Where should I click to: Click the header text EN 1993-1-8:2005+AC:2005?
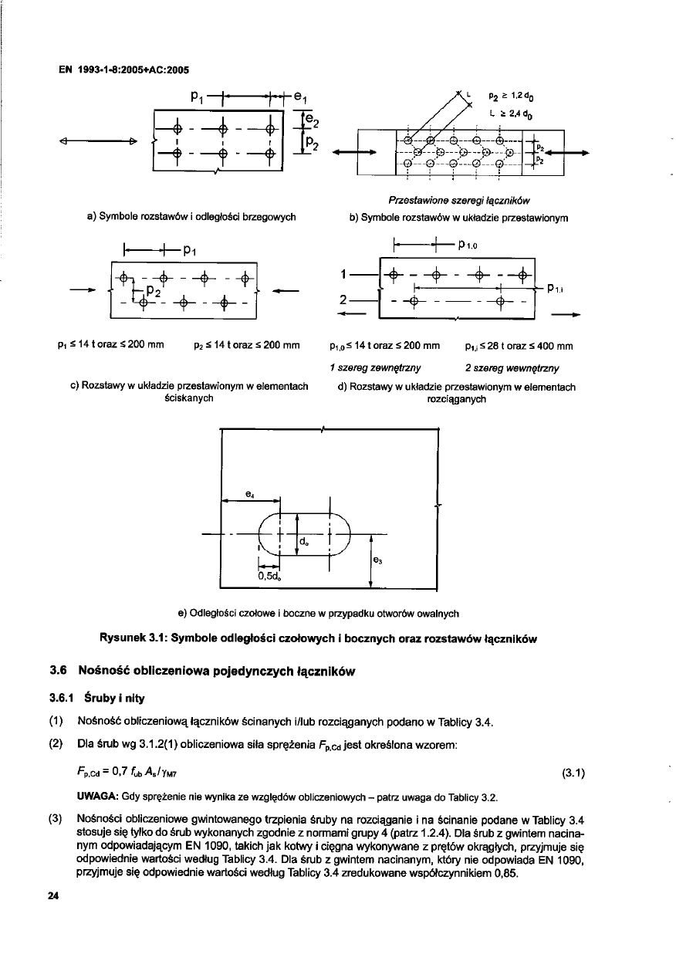pyautogui.click(x=125, y=67)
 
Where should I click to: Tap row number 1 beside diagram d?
pyautogui.click(x=360, y=276)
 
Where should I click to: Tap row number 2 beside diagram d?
pyautogui.click(x=360, y=300)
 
